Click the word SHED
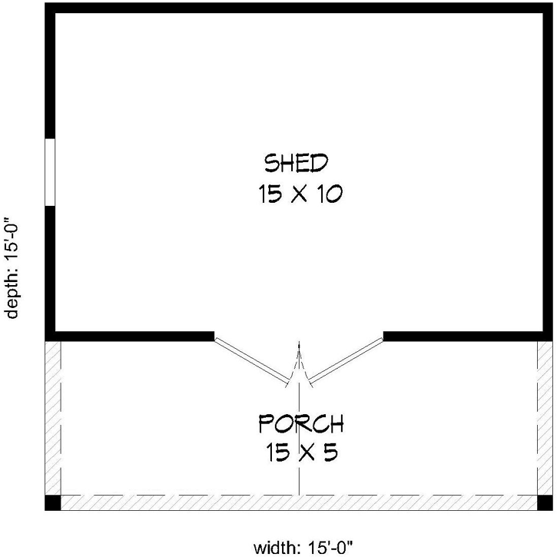[297, 163]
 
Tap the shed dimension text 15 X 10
[300, 195]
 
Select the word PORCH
[300, 423]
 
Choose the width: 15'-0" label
[303, 547]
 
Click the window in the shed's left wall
[50, 172]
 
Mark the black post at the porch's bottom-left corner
[52, 502]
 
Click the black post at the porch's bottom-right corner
[545, 502]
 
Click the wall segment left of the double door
[131, 335]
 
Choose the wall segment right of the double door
[466, 335]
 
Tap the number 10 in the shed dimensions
[326, 195]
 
